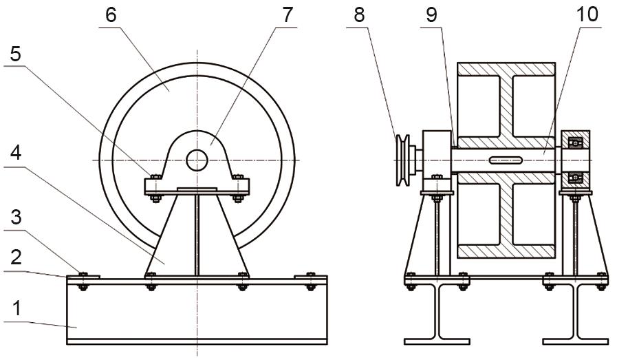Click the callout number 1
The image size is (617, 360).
pyautogui.click(x=16, y=308)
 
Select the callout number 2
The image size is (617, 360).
pyautogui.click(x=16, y=257)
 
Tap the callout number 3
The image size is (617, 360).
pyautogui.click(x=16, y=217)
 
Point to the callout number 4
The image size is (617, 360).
pyautogui.click(x=16, y=153)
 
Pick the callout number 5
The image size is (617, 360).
pyautogui.click(x=15, y=54)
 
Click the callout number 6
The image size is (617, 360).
pyautogui.click(x=111, y=15)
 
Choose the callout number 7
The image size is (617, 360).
pyautogui.click(x=288, y=15)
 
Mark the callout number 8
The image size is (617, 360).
pyautogui.click(x=359, y=15)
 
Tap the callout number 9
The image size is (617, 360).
pyautogui.click(x=432, y=15)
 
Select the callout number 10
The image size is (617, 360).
pyautogui.click(x=587, y=15)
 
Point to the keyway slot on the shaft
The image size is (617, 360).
pyautogui.click(x=506, y=160)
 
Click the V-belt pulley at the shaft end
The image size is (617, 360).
pyautogui.click(x=402, y=160)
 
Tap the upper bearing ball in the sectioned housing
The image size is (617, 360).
pyautogui.click(x=576, y=142)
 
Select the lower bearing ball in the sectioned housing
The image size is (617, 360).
pyautogui.click(x=576, y=178)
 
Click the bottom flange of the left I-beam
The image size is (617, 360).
pyautogui.click(x=437, y=341)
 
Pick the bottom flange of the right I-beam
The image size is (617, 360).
pyautogui.click(x=575, y=341)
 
